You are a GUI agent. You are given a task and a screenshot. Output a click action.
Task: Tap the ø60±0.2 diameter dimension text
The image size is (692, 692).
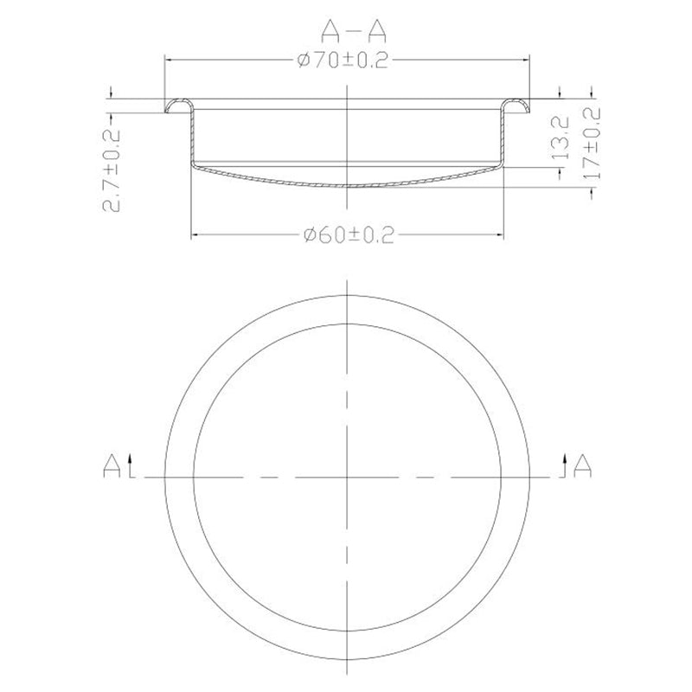click(347, 235)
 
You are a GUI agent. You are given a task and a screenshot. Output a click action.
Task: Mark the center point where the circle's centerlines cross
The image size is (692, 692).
click(347, 477)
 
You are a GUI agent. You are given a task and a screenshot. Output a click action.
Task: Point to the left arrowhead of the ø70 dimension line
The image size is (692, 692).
click(169, 60)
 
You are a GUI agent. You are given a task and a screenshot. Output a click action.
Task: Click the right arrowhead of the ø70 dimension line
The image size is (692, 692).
click(525, 60)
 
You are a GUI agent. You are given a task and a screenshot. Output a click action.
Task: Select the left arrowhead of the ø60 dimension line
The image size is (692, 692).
click(194, 234)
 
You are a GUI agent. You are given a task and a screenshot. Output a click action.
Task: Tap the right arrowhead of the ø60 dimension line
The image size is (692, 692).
click(500, 234)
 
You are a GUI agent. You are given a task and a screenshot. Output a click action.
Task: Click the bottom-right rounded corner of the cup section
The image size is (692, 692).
click(499, 164)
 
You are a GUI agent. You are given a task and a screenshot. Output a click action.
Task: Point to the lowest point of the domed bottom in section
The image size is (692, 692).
click(347, 186)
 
